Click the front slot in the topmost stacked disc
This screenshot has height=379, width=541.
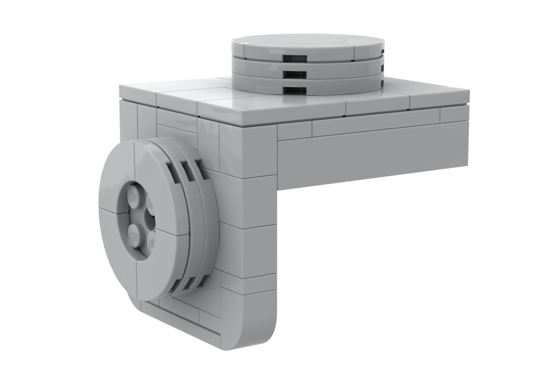pos(294,58)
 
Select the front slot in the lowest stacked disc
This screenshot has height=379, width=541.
pos(295,89)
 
